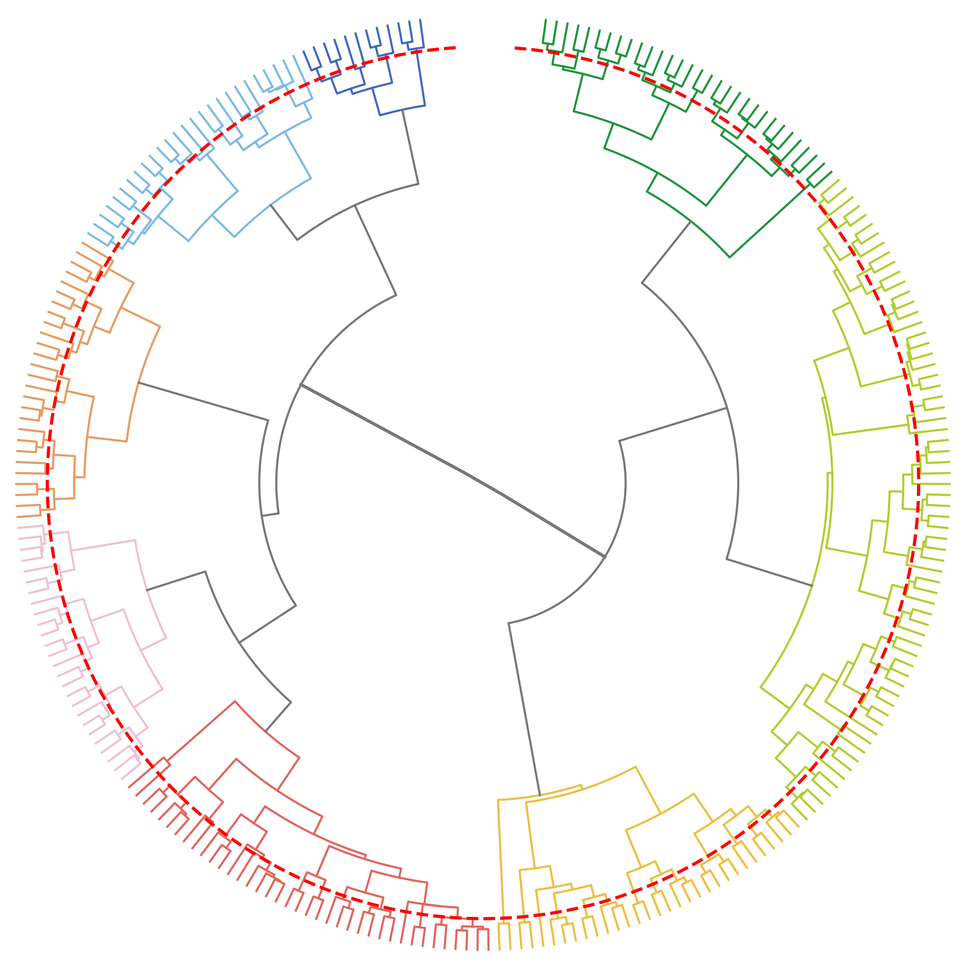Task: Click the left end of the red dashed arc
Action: tap(455, 48)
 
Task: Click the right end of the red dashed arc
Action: tap(515, 48)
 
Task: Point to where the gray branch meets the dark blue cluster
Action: tap(402, 110)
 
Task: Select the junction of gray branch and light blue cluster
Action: tap(271, 205)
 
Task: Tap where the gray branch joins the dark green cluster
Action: tap(691, 221)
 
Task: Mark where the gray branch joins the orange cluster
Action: tap(138, 382)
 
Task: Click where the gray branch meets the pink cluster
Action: tap(146, 590)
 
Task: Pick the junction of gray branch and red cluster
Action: tap(265, 731)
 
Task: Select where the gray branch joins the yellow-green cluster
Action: tap(813, 586)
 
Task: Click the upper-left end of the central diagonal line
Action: tap(301, 384)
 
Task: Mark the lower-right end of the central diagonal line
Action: tap(605, 557)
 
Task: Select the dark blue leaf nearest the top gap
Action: tap(421, 20)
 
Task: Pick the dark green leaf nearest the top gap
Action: tap(545, 20)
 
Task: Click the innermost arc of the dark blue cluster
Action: tap(402, 110)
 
